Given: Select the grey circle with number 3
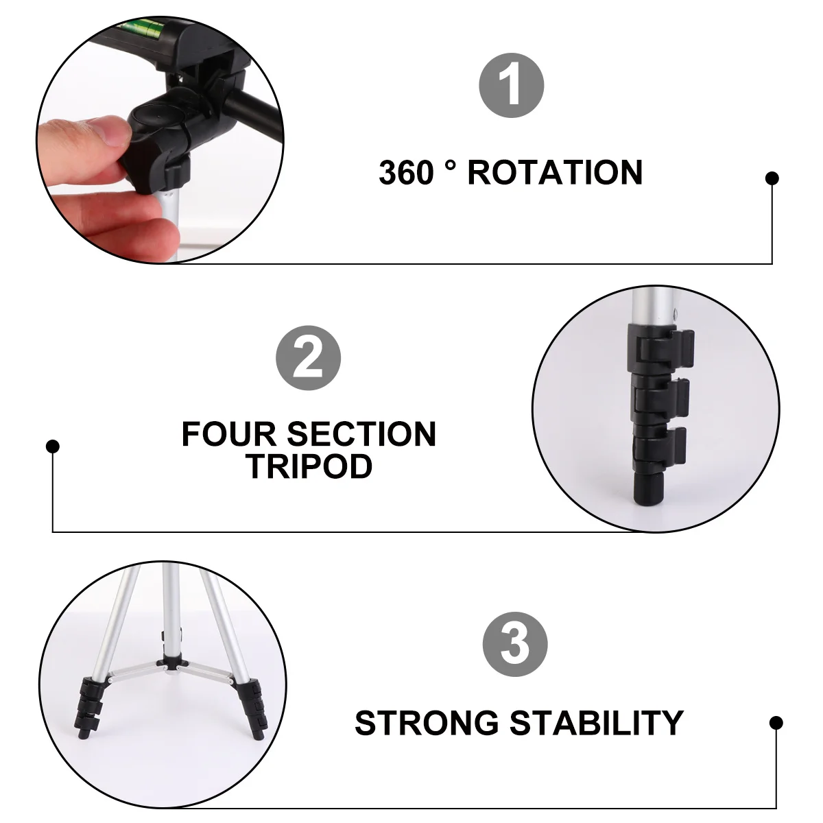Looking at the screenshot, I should (515, 645).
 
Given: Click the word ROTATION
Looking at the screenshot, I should (555, 173).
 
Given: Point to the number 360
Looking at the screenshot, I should (407, 173).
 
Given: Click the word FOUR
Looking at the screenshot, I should (229, 434).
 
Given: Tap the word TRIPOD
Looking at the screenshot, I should (309, 466).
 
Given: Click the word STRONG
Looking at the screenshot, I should (427, 723).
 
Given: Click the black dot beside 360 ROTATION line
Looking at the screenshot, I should (772, 178).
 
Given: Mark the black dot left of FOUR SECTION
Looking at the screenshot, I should (53, 446).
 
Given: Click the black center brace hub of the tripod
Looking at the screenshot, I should (169, 661).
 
